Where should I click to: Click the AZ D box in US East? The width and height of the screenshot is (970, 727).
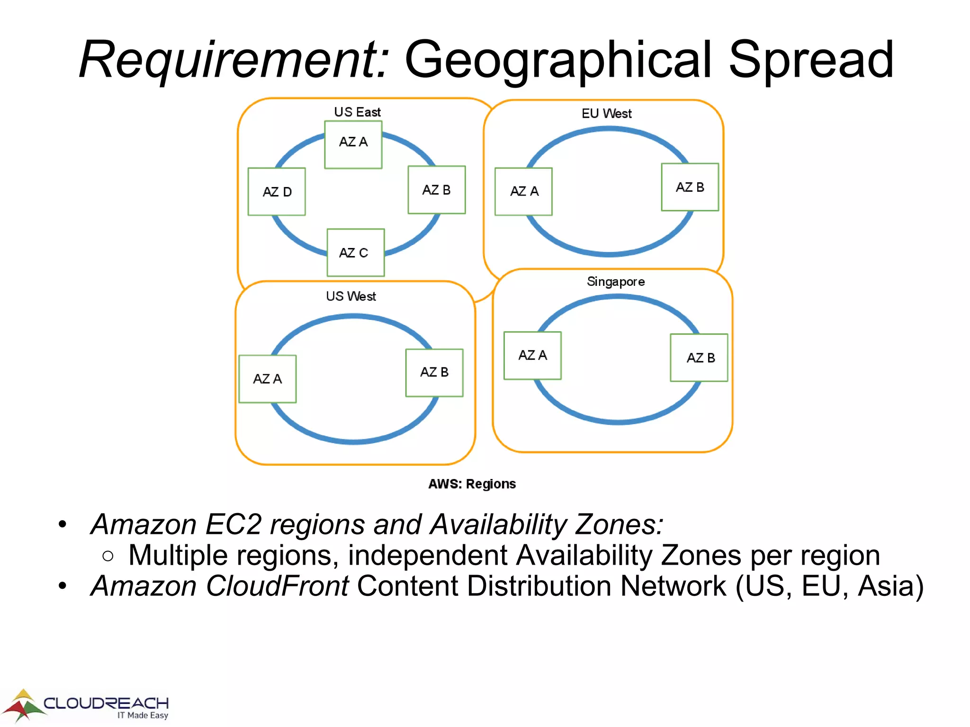(x=277, y=192)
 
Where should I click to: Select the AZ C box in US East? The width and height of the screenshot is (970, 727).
(x=355, y=253)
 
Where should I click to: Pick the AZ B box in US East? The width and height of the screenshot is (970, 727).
(x=437, y=190)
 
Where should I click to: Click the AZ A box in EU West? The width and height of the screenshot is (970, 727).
(x=523, y=192)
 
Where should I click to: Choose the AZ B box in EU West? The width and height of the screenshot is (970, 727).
(x=690, y=187)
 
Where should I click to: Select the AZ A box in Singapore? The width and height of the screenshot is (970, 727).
(x=532, y=355)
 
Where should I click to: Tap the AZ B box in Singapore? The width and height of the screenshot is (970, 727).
(x=699, y=358)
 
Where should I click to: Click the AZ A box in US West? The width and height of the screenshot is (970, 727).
(x=268, y=379)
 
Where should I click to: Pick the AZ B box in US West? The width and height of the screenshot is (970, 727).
(x=434, y=372)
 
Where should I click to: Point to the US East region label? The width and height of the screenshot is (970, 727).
(x=357, y=112)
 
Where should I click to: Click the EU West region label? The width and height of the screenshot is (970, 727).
(x=606, y=114)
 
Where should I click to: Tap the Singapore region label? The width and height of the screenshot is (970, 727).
(x=616, y=282)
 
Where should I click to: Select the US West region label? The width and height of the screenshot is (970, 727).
(x=350, y=296)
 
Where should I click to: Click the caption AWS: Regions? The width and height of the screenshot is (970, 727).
(x=472, y=484)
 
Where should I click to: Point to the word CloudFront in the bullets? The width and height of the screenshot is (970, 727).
(x=277, y=586)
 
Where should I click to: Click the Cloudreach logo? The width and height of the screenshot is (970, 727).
(x=85, y=706)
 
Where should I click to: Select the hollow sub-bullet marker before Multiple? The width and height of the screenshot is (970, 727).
(x=108, y=556)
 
